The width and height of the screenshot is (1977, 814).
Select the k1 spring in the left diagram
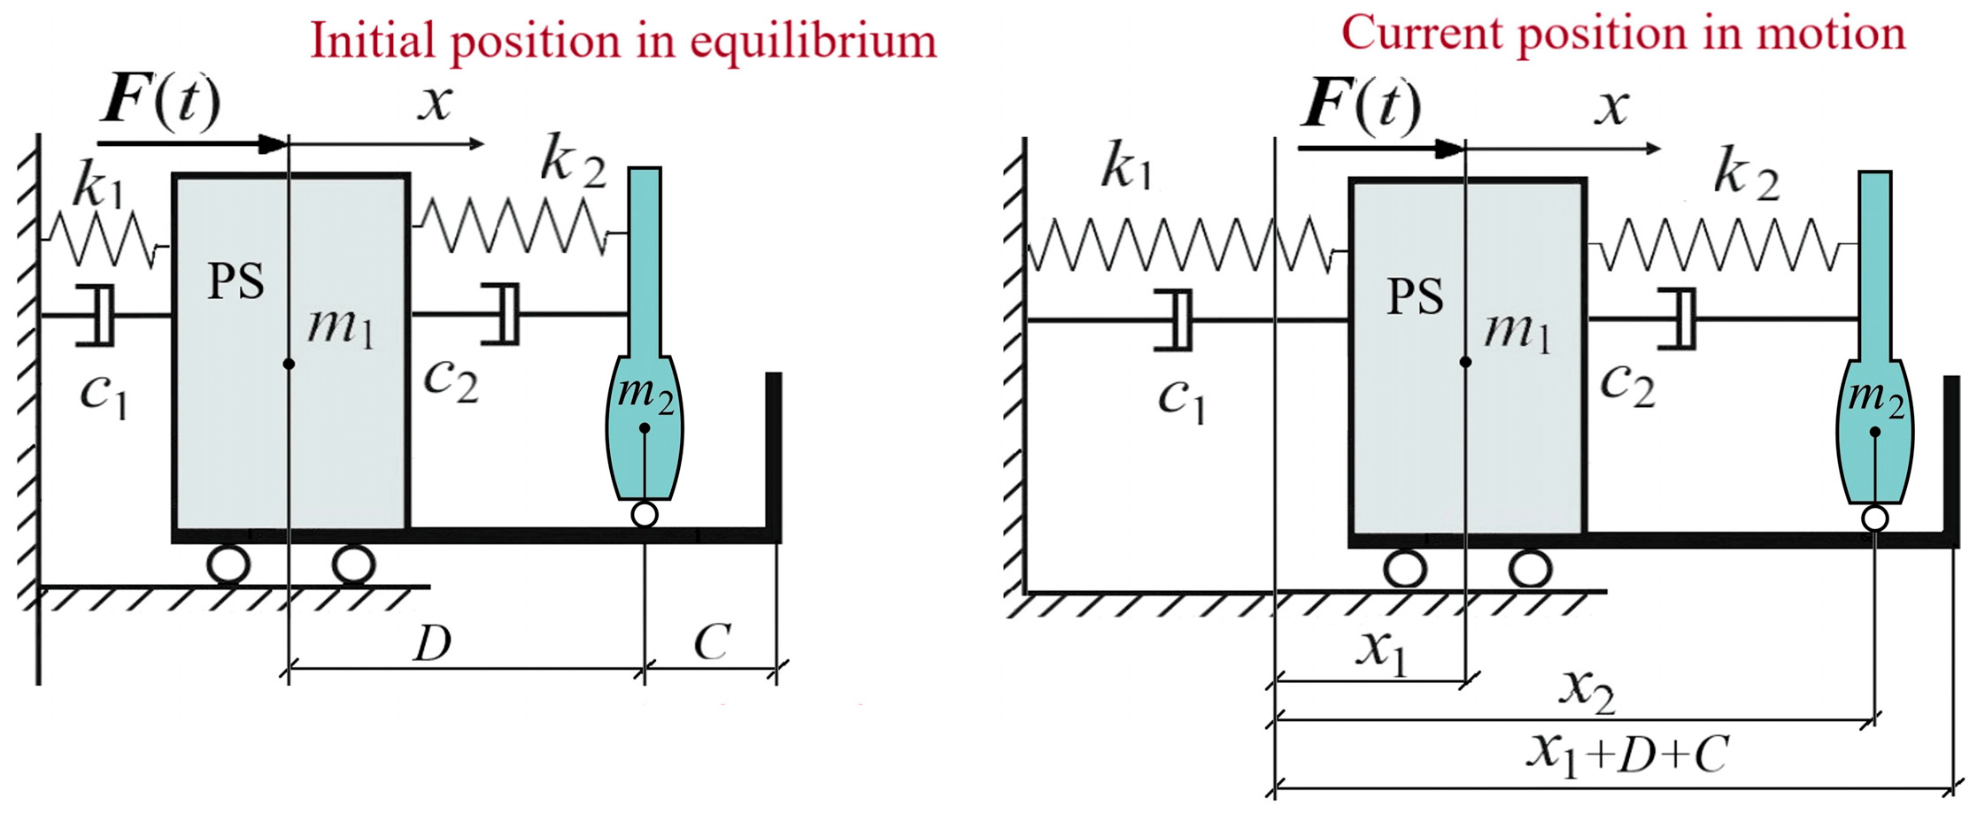(104, 239)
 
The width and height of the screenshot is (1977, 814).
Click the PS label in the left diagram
(236, 281)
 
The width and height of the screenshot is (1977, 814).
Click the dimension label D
(434, 643)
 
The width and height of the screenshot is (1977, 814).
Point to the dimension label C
(713, 642)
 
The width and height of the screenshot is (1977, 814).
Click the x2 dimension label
(1587, 691)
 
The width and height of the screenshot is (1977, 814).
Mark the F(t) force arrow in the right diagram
(1381, 149)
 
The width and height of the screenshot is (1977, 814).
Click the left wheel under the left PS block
(228, 564)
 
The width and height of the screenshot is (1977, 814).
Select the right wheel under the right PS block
(1530, 569)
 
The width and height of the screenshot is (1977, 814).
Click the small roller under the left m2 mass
(645, 514)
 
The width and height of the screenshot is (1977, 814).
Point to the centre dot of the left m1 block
(289, 364)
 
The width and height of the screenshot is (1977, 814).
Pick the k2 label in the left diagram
(574, 162)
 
